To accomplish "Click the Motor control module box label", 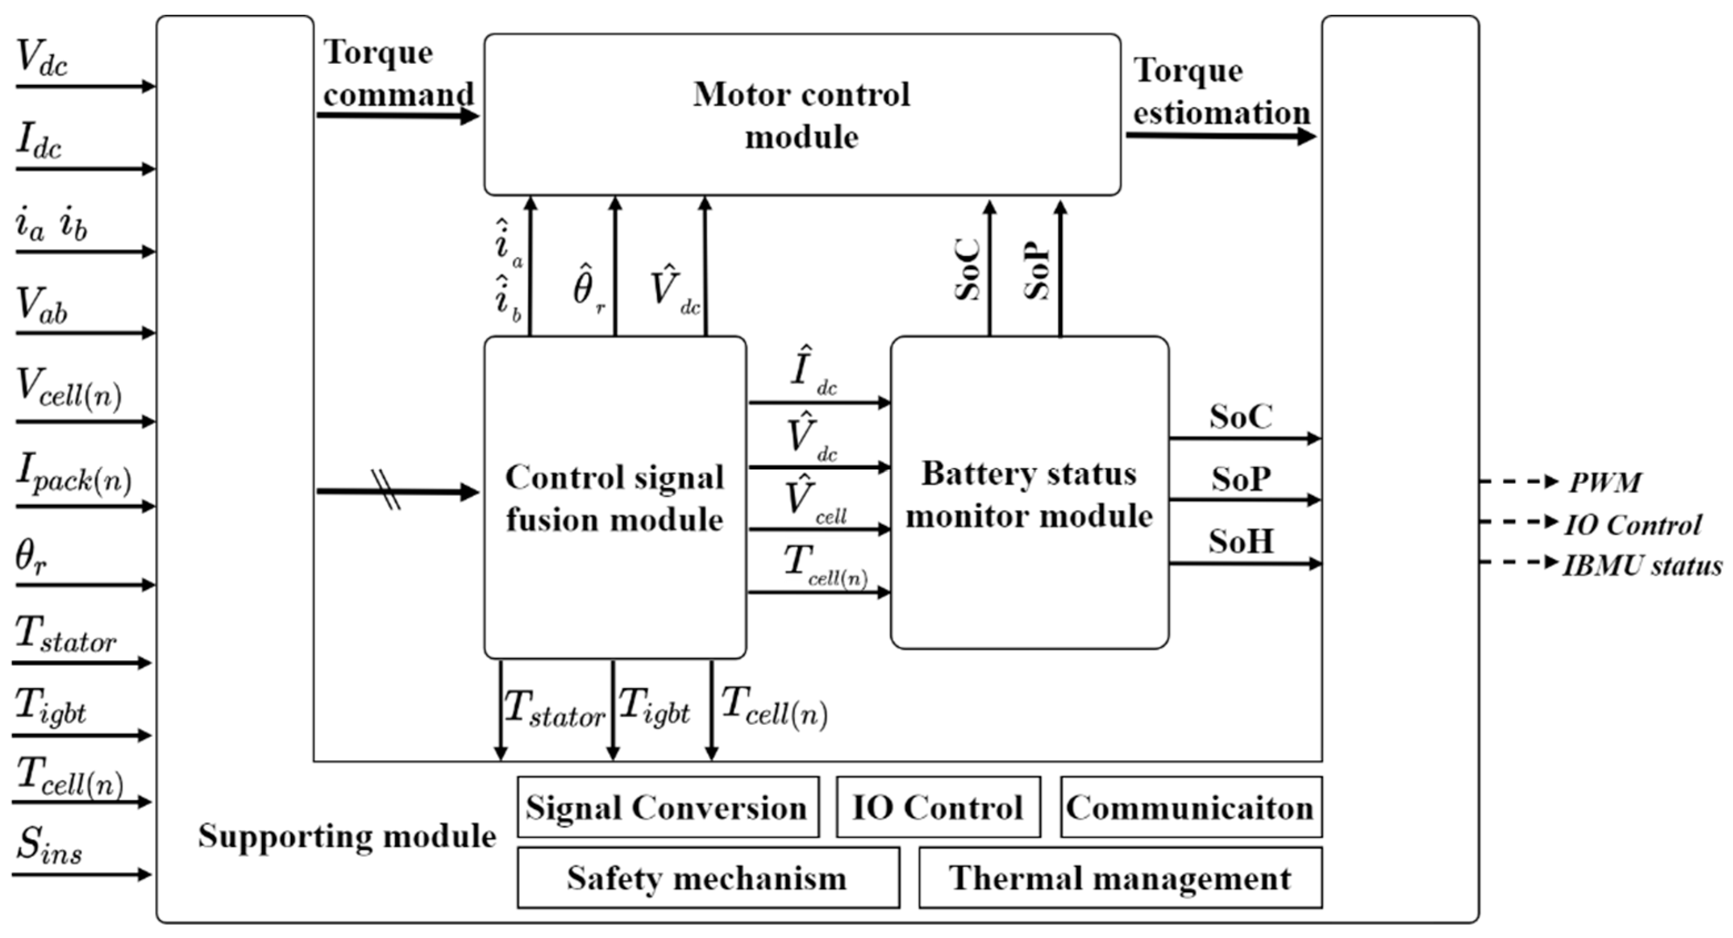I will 801,115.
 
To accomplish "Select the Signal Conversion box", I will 667,807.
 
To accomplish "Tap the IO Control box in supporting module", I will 938,807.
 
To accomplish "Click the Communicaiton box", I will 1190,807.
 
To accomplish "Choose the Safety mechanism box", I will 707,877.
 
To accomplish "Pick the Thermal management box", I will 1120,877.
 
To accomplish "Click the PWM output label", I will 1605,483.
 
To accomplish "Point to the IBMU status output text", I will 1642,565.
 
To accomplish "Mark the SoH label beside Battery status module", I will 1241,541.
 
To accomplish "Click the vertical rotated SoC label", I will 969,270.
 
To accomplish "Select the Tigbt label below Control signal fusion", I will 654,706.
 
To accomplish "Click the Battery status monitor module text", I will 1029,495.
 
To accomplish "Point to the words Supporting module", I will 346,836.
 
